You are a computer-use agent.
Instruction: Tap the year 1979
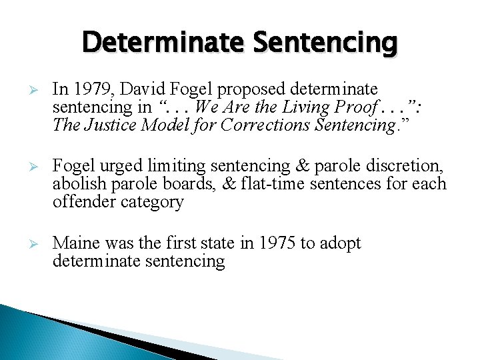pyautogui.click(x=90, y=89)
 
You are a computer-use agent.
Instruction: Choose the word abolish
pyautogui.click(x=77, y=184)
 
